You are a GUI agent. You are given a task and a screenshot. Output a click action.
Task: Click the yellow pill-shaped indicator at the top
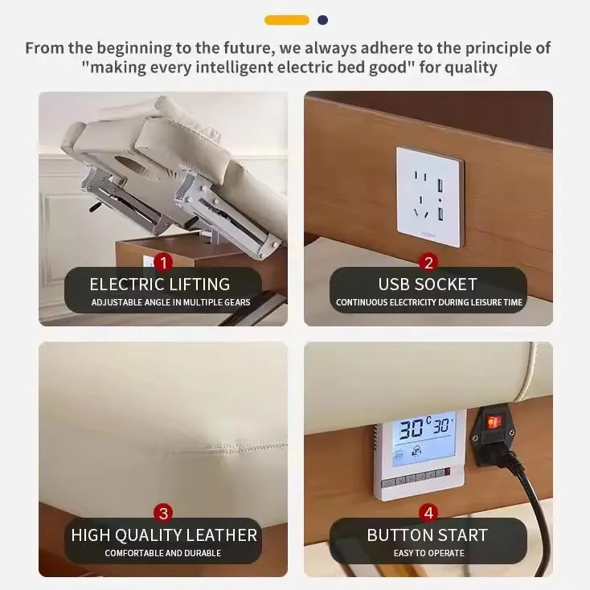(x=287, y=20)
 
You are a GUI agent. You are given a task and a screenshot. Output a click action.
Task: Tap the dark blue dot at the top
(x=322, y=20)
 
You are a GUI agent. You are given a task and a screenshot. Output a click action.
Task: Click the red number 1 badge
(x=163, y=262)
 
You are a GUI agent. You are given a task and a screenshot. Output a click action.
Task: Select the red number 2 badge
(x=428, y=262)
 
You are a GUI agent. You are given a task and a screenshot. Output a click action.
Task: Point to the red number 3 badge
(x=163, y=513)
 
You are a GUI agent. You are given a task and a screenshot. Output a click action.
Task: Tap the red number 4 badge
(x=428, y=513)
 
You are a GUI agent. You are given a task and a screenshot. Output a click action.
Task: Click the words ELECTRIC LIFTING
(x=159, y=285)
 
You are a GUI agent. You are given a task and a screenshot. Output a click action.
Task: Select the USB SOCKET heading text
(x=428, y=285)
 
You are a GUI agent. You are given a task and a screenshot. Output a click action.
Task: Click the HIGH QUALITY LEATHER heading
(x=164, y=535)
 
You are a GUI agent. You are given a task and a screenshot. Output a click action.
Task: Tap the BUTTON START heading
(x=428, y=535)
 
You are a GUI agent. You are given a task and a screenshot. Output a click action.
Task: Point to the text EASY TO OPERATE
(x=429, y=553)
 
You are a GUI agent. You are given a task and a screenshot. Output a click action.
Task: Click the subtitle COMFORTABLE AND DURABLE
(x=163, y=553)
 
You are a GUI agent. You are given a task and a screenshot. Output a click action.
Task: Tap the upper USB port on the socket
(x=440, y=186)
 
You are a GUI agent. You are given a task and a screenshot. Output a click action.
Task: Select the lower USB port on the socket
(x=440, y=214)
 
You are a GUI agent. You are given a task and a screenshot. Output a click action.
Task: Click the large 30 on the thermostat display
(x=412, y=428)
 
